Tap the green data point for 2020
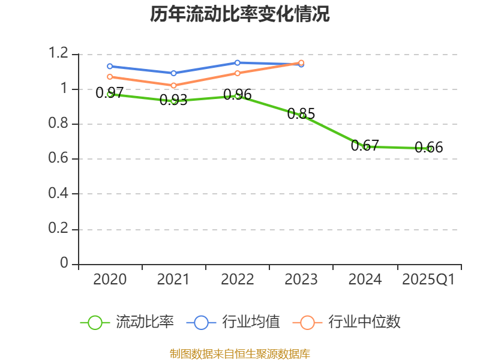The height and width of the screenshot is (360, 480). (x=110, y=94)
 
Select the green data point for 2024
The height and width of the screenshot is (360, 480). (x=365, y=146)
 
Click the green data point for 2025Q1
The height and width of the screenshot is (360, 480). (x=429, y=148)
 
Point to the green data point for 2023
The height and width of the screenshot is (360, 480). (x=302, y=115)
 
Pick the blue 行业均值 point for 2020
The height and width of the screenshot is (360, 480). (x=110, y=66)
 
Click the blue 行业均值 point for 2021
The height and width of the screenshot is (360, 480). (x=174, y=73)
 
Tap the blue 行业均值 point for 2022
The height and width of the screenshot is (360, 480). (x=238, y=62)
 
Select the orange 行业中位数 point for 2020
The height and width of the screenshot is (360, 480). (x=110, y=77)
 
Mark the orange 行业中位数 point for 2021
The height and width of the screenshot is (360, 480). (x=174, y=85)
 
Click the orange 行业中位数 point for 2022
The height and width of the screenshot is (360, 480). (x=238, y=73)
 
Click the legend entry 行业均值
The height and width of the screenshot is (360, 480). (x=234, y=322)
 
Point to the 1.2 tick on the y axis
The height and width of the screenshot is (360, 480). (x=59, y=54)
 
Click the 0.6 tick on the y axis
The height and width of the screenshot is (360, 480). (x=59, y=159)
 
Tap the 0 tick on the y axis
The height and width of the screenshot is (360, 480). (x=65, y=264)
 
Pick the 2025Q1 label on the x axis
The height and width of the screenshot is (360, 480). (x=428, y=280)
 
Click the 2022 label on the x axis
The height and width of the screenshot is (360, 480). (x=238, y=280)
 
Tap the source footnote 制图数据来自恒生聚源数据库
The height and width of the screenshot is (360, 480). (x=240, y=353)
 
